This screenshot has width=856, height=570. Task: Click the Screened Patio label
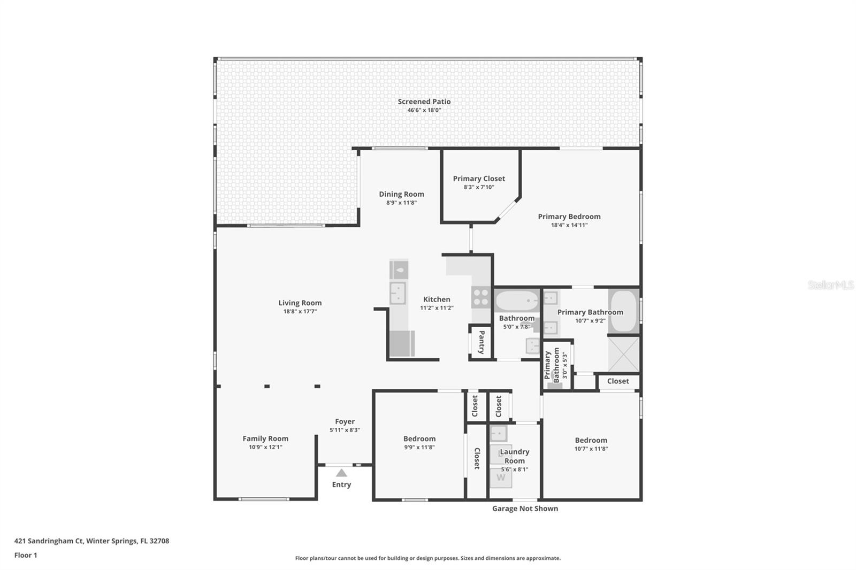424,102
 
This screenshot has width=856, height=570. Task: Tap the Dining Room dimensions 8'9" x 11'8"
401,203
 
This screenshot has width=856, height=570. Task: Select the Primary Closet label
479,179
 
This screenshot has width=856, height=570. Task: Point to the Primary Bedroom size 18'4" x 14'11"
569,225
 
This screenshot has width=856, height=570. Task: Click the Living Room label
300,303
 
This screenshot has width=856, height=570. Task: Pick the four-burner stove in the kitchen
481,297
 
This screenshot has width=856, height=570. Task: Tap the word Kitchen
437,299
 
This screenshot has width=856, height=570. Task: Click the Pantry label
481,342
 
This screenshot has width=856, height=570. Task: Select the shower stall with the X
624,355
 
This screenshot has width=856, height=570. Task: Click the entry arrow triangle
341,473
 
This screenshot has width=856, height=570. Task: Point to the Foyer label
345,421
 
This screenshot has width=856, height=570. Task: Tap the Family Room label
265,438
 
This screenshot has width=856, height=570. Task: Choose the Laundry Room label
515,456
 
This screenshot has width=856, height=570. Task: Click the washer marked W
501,478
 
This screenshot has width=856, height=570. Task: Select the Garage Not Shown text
525,509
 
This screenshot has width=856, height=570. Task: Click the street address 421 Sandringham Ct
49,541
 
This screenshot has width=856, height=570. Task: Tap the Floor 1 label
26,555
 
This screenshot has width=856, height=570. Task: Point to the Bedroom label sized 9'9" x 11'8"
419,438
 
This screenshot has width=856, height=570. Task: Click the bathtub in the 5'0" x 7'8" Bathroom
517,301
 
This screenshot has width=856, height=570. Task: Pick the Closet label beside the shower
618,381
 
